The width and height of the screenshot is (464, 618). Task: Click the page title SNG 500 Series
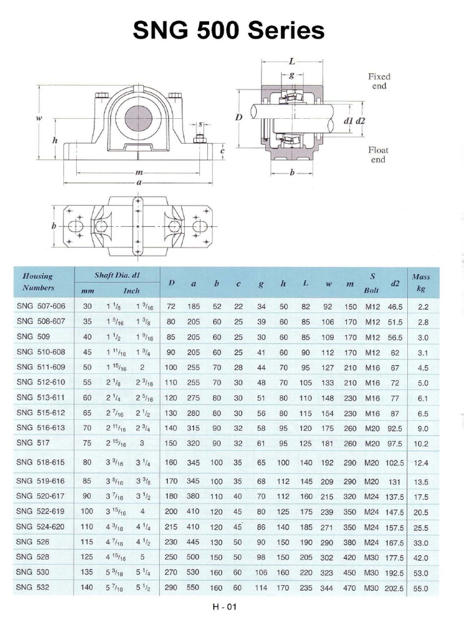click(229, 30)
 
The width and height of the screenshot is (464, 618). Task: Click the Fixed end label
click(379, 81)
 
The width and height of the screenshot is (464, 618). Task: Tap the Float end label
click(379, 154)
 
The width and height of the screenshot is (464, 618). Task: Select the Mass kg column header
click(421, 282)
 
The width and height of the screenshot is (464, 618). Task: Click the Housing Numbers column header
click(37, 282)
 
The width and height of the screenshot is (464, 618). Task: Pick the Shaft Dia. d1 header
click(117, 275)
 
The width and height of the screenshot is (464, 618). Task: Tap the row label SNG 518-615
click(41, 462)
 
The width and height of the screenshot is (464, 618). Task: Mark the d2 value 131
click(396, 482)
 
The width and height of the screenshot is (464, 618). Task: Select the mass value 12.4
click(420, 463)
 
